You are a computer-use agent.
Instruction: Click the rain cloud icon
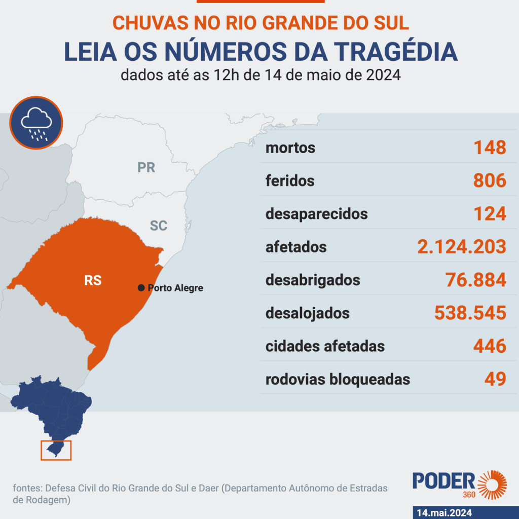tap(36, 123)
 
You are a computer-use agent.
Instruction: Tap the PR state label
tap(146, 167)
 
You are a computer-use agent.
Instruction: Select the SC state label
tap(159, 226)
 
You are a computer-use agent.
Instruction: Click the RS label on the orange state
tap(93, 280)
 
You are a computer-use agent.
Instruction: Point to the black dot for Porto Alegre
tap(141, 288)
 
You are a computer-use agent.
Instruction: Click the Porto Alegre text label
tap(175, 288)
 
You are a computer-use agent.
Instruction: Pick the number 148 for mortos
tap(490, 148)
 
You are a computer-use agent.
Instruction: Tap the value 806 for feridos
tap(490, 180)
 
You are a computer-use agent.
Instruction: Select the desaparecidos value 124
tap(490, 213)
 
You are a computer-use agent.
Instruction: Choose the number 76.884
tap(475, 280)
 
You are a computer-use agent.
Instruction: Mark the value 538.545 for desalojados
tap(470, 313)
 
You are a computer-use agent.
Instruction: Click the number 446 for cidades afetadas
tap(490, 346)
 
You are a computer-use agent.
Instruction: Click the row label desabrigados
tap(313, 280)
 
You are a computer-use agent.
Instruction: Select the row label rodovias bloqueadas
tap(338, 379)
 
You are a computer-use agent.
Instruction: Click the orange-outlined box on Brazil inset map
tap(56, 450)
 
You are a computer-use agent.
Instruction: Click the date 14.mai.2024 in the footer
tap(443, 512)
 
